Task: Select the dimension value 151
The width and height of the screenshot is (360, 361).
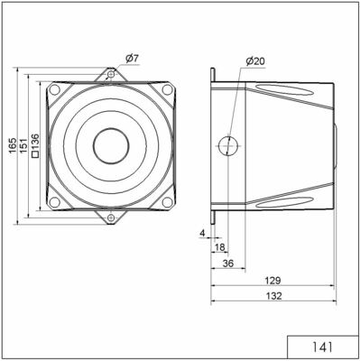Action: (23, 145)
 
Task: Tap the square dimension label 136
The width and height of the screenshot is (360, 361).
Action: (35, 145)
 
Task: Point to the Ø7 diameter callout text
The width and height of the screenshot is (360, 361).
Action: (130, 59)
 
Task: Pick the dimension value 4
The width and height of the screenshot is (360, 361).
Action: (202, 233)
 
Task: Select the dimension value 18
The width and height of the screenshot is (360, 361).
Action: (220, 246)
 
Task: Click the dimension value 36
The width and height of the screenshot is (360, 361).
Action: (229, 263)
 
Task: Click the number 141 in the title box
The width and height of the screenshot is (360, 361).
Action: (322, 347)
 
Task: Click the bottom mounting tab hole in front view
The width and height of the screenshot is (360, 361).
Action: (110, 218)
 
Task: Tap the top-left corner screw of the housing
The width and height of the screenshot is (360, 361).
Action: (55, 90)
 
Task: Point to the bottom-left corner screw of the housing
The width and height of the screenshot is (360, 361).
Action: (55, 200)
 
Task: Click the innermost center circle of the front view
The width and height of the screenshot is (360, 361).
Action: (110, 145)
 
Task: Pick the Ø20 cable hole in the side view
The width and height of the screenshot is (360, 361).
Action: (229, 145)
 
